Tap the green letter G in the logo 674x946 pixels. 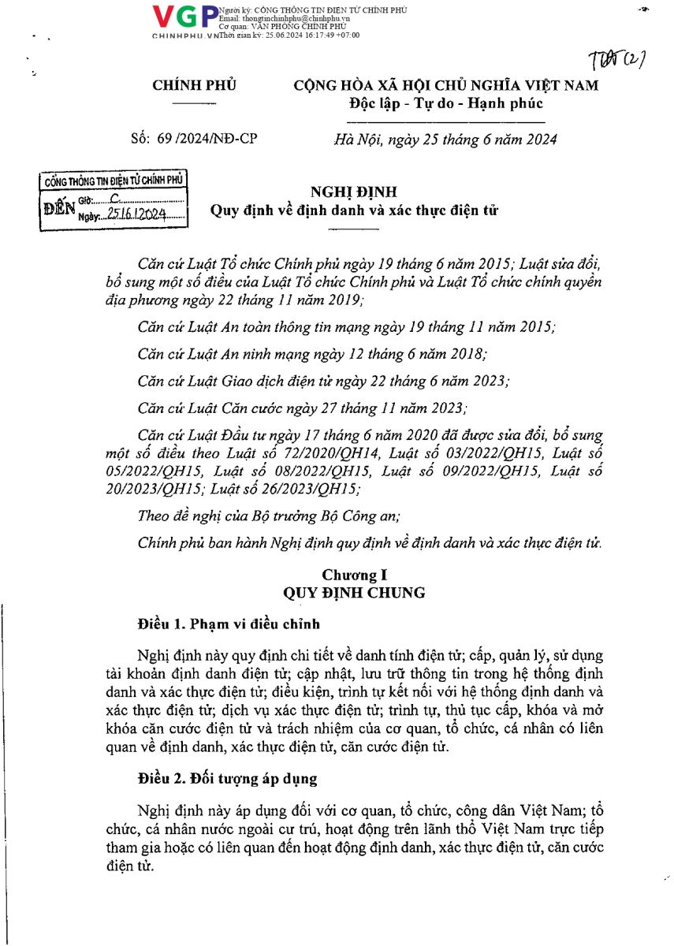point(189,17)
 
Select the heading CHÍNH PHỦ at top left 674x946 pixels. point(194,86)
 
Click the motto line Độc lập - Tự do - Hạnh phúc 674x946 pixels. point(445,103)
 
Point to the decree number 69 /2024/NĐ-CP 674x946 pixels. point(194,140)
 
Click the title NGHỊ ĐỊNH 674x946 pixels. point(354,192)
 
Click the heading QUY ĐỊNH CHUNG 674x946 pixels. point(354,593)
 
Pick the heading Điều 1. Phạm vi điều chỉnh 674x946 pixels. point(229,624)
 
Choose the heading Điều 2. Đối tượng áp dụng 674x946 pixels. point(227,779)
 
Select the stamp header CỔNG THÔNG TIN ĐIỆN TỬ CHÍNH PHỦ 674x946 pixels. point(114,181)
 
